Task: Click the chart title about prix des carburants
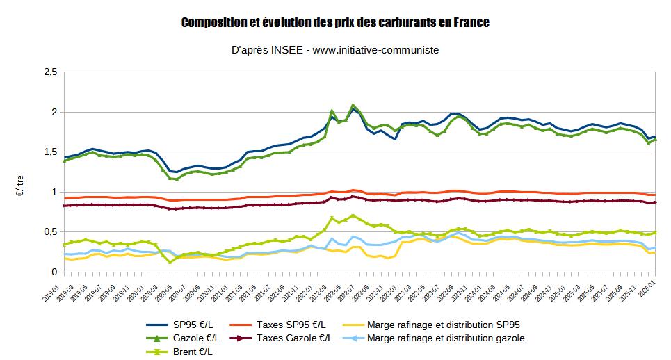pyautogui.click(x=335, y=23)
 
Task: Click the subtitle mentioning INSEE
pyautogui.click(x=335, y=50)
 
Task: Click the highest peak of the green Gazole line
pyautogui.click(x=353, y=105)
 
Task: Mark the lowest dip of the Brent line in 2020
pyautogui.click(x=170, y=262)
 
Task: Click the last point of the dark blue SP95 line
pyautogui.click(x=656, y=136)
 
